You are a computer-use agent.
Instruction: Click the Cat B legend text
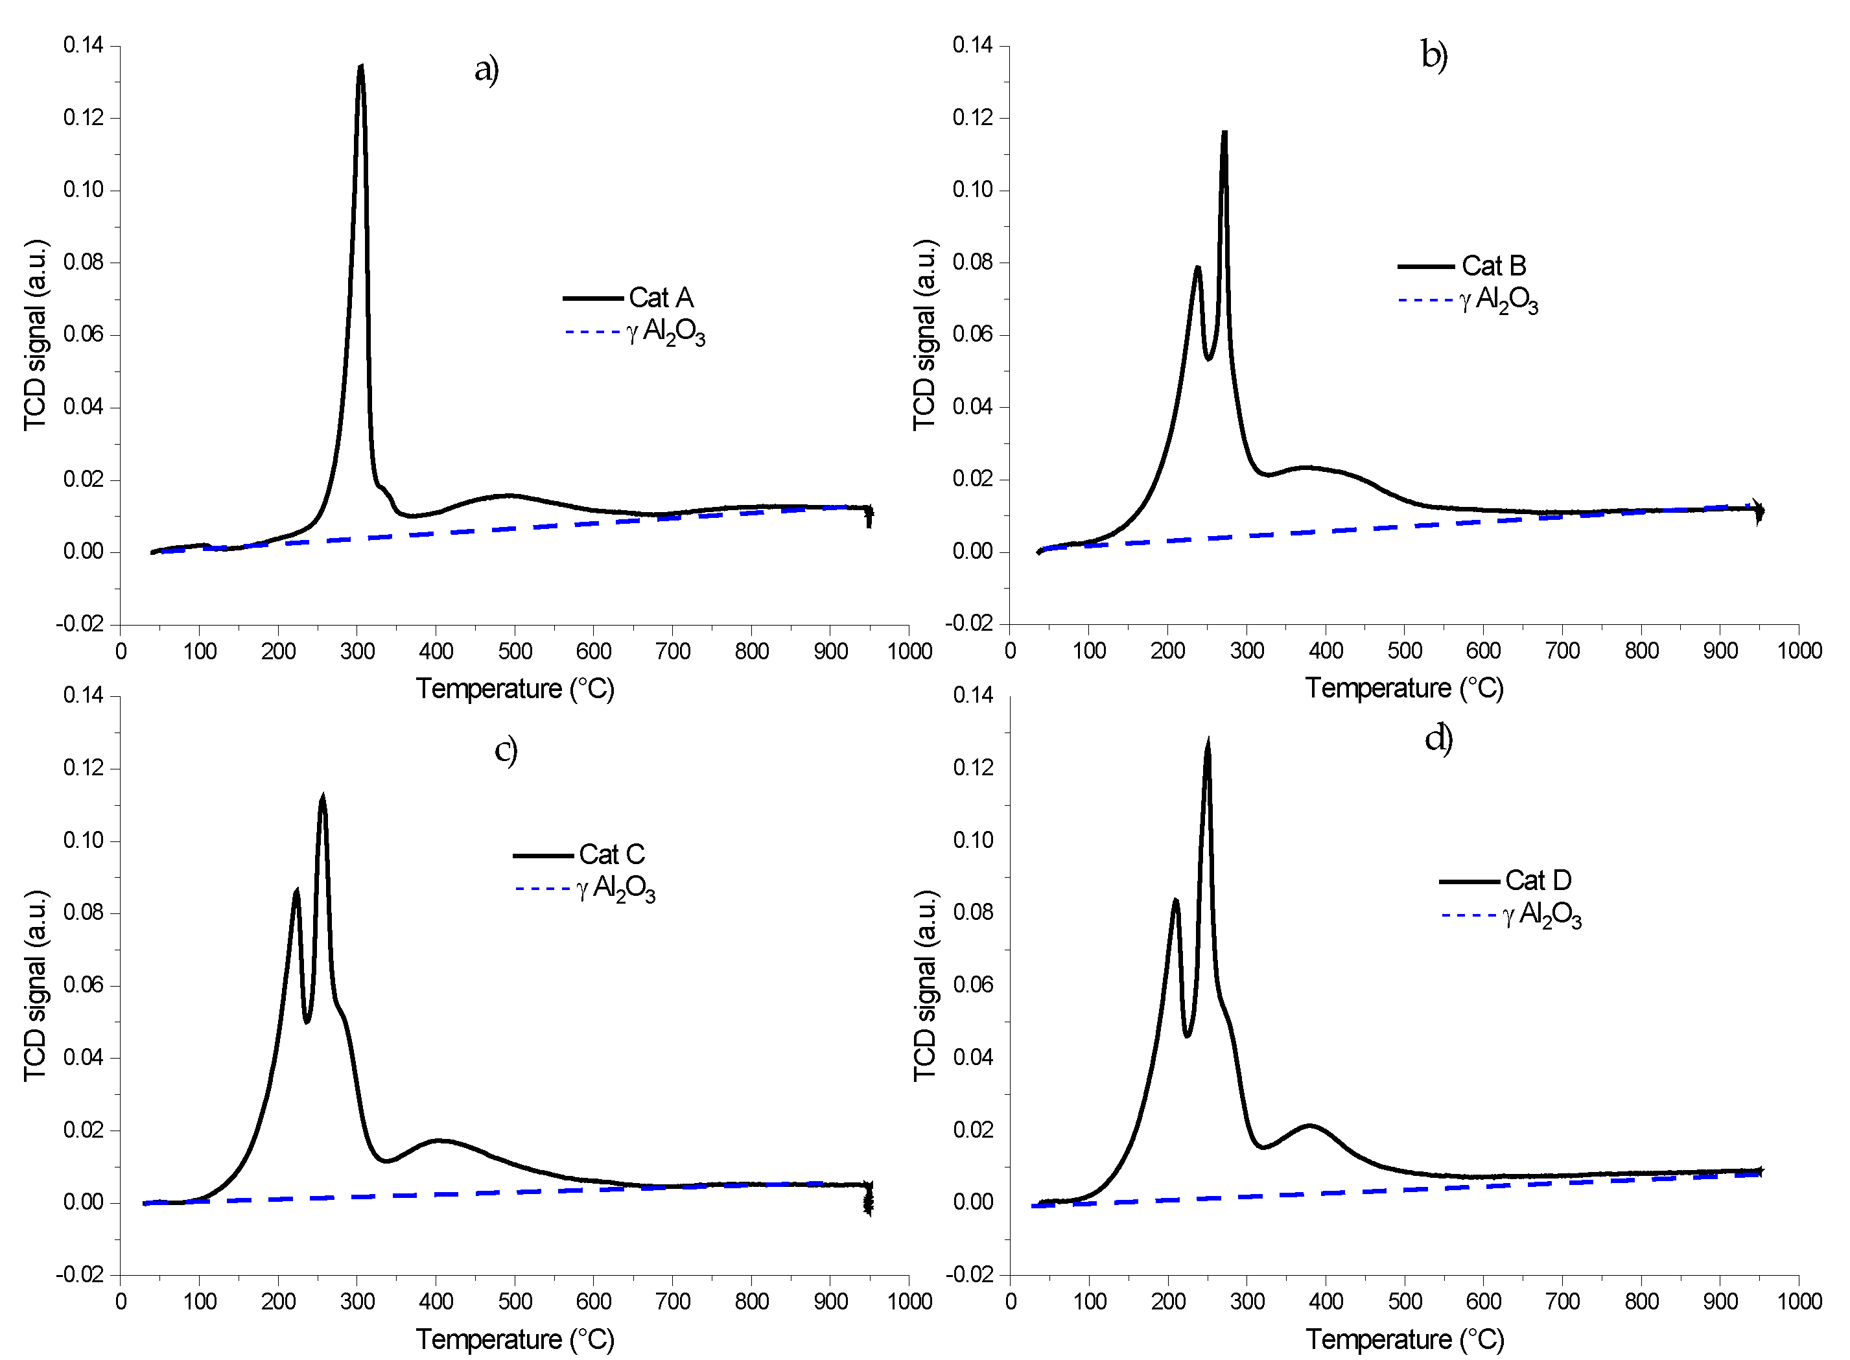1493,266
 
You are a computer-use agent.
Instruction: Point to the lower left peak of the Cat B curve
1198,268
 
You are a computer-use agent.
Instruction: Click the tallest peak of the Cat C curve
323,797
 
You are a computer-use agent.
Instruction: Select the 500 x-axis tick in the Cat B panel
1405,650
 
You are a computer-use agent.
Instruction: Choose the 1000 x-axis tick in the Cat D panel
1799,1302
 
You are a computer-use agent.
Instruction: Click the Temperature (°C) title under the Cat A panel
515,688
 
